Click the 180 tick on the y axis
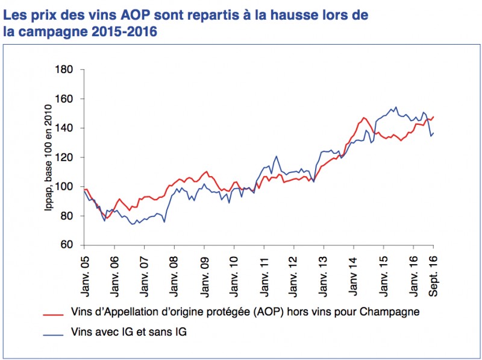(63, 70)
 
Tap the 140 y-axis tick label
(63, 128)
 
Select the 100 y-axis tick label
(63, 187)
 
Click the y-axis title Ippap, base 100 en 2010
(48, 159)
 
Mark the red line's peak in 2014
(364, 118)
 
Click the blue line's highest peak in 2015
(395, 107)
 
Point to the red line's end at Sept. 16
(433, 117)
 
